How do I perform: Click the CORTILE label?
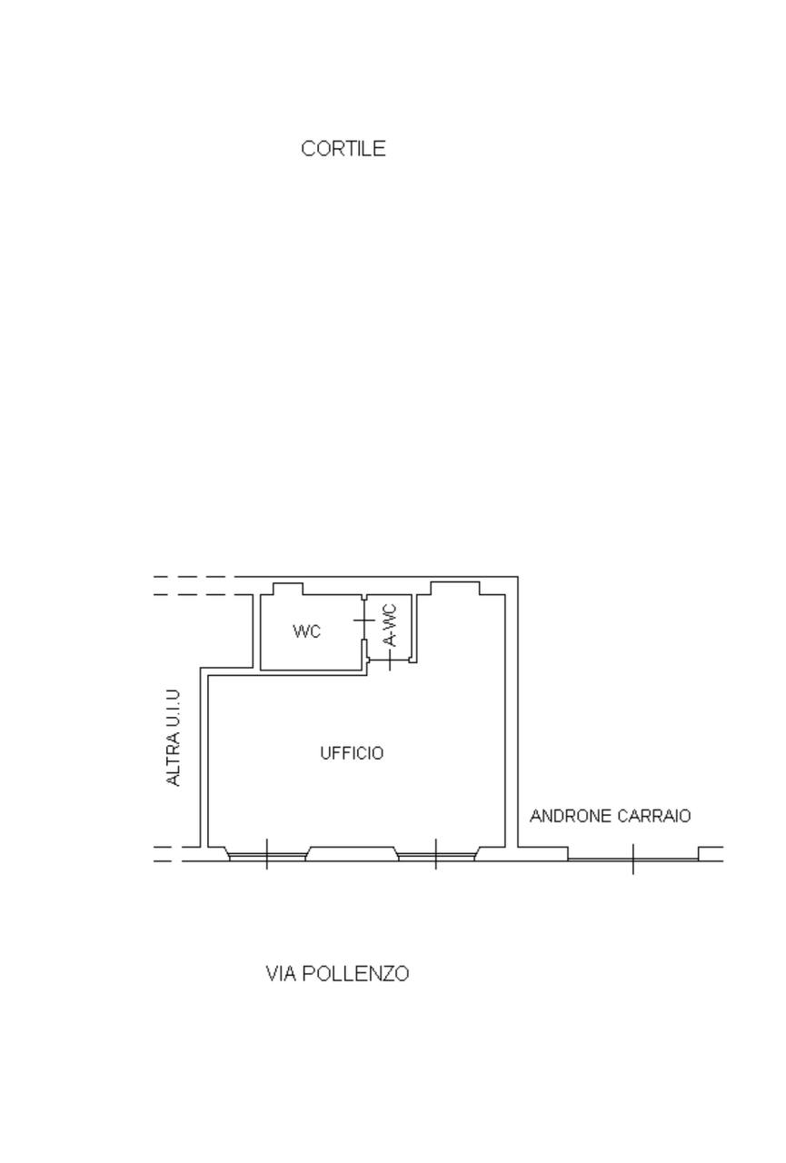(343, 149)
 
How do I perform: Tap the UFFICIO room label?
(352, 753)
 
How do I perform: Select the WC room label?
(307, 631)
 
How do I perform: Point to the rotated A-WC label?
(390, 625)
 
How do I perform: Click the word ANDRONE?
(571, 816)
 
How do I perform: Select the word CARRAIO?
(654, 816)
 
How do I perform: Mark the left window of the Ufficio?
(267, 857)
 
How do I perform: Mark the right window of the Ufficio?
(435, 857)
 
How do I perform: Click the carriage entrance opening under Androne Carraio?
(632, 860)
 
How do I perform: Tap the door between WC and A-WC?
(364, 620)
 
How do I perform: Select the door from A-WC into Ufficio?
(390, 661)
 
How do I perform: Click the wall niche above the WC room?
(288, 589)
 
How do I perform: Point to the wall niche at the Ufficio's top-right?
(455, 588)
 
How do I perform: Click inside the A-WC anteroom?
(390, 627)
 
